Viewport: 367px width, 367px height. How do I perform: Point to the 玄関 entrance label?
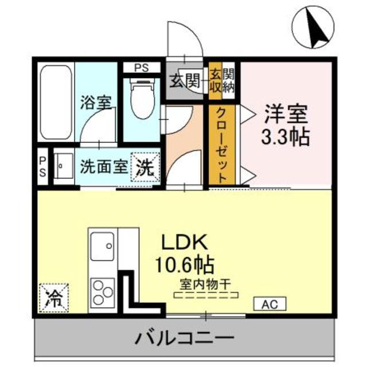point(185,81)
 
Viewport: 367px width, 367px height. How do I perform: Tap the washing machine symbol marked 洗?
point(145,167)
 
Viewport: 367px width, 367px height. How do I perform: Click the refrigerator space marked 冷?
point(53,297)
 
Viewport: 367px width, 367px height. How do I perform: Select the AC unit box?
point(269,303)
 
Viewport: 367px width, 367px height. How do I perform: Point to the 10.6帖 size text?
point(183,264)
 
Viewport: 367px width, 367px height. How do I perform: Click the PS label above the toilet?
point(140,67)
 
